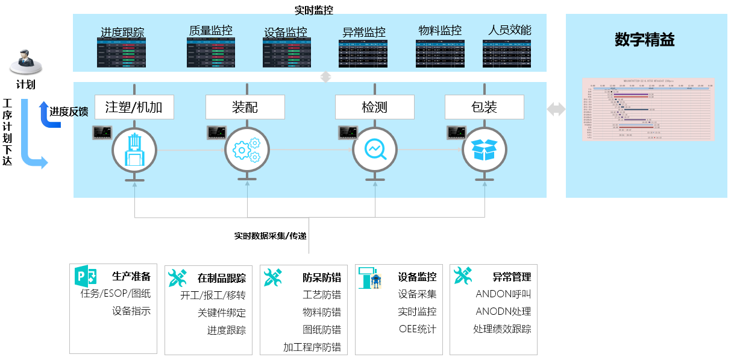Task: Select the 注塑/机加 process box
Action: click(134, 107)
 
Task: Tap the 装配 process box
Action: click(245, 107)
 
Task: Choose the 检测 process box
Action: click(374, 107)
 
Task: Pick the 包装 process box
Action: click(484, 107)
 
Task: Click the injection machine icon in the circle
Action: click(134, 150)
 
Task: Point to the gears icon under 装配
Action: click(246, 150)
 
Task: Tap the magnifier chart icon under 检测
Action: click(374, 150)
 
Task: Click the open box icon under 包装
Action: click(484, 150)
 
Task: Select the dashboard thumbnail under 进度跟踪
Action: click(122, 54)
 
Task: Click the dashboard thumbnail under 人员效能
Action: click(507, 54)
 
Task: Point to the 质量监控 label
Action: click(210, 31)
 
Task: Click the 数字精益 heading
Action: click(644, 40)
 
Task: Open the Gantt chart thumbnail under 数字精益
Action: click(648, 109)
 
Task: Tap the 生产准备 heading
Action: click(131, 277)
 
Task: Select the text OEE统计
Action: click(417, 329)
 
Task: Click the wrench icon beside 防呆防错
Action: click(273, 277)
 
